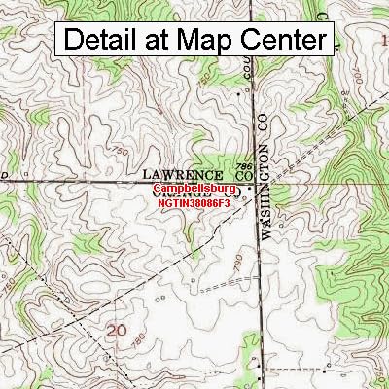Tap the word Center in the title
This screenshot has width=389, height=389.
(x=281, y=40)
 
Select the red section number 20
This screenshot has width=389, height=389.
(x=118, y=332)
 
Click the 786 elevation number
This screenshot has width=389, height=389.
(x=246, y=165)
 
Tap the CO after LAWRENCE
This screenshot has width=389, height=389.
(x=243, y=175)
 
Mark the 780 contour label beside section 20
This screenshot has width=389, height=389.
(x=139, y=342)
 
